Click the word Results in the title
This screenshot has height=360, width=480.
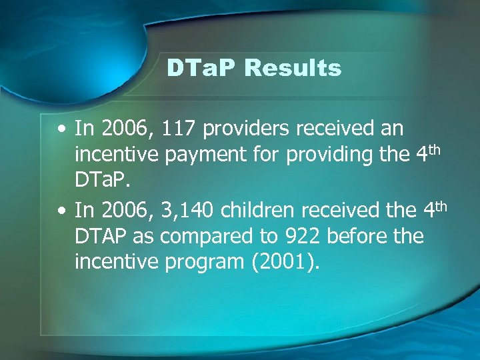(x=293, y=68)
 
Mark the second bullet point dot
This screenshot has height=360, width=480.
(x=61, y=211)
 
